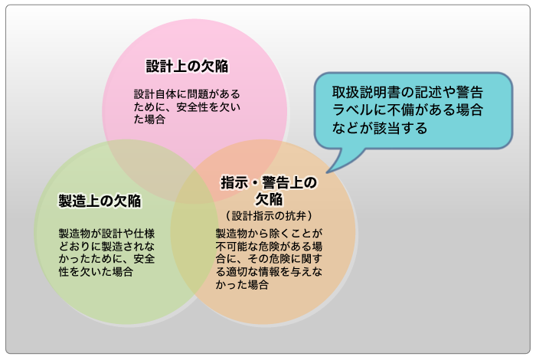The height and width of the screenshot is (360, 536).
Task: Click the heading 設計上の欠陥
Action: [188, 66]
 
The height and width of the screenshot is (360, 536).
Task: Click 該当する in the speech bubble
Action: [406, 129]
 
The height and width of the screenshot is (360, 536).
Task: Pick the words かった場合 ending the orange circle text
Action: [242, 285]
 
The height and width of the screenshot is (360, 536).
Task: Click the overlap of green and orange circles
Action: [188, 253]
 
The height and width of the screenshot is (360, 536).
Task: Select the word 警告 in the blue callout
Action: [470, 91]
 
